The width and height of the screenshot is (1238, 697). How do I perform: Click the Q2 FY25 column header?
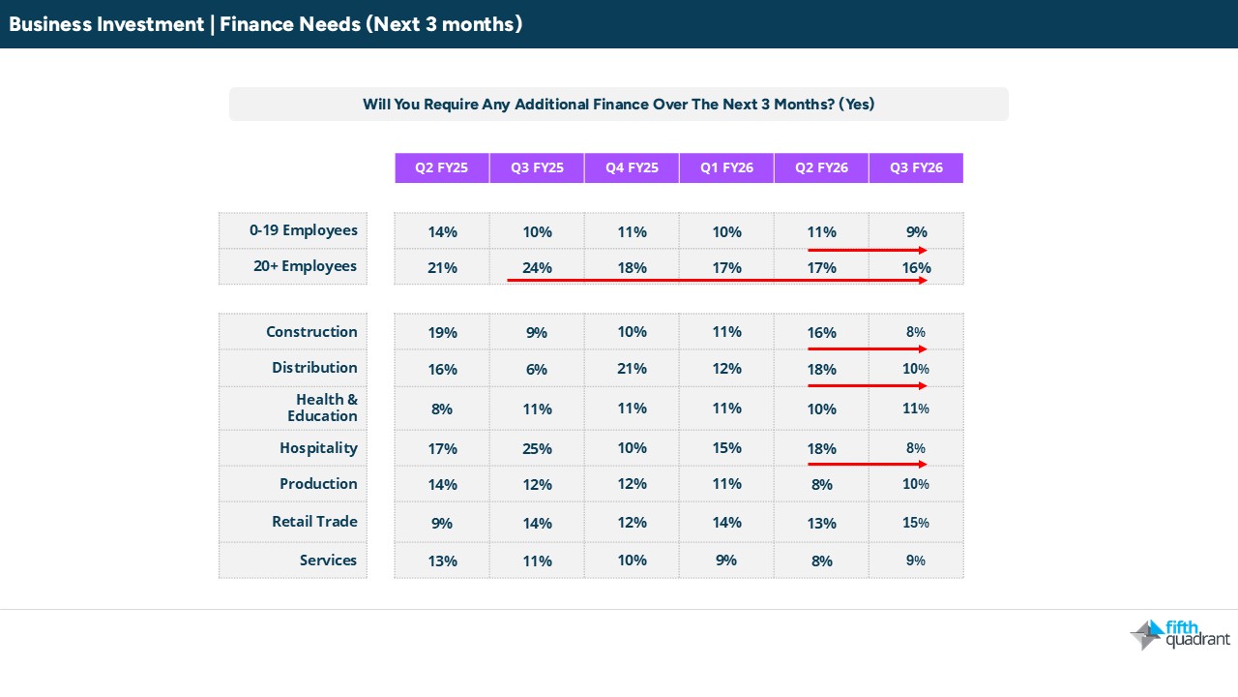(441, 167)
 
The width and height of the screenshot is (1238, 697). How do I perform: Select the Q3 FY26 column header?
(916, 167)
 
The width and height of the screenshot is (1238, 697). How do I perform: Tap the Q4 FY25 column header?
(632, 167)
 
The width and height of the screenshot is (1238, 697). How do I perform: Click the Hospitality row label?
(318, 448)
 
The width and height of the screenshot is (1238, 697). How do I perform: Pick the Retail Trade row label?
(314, 522)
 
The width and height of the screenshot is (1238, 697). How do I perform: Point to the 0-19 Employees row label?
(304, 230)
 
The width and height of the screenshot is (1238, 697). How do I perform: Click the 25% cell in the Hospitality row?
(537, 448)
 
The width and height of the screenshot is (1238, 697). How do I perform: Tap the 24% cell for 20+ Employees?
(537, 267)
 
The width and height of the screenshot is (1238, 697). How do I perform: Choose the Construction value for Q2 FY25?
(442, 332)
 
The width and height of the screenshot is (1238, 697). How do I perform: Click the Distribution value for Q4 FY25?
(632, 368)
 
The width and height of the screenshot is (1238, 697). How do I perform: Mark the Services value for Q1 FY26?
(726, 560)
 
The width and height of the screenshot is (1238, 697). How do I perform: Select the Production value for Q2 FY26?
(821, 484)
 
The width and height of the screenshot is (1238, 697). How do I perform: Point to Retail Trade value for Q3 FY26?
(916, 523)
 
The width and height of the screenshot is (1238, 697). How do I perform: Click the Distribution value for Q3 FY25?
(537, 369)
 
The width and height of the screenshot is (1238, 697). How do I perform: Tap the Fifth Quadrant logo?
(1180, 634)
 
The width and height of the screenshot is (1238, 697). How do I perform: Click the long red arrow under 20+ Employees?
(716, 281)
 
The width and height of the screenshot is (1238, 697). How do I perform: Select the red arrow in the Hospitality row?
(867, 464)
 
